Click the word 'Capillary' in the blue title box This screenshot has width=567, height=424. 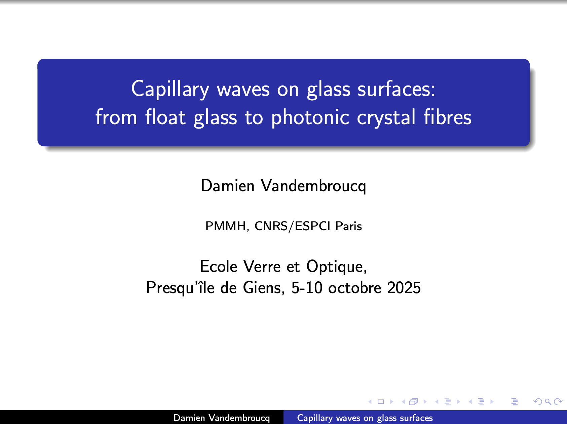(x=170, y=90)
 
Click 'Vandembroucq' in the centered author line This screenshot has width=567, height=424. (x=313, y=186)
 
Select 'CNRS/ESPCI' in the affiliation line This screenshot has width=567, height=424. (x=292, y=226)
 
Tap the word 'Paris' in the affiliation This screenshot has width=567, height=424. (x=349, y=226)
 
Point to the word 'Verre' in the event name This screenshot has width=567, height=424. (x=262, y=267)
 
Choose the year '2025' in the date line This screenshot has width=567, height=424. (x=404, y=288)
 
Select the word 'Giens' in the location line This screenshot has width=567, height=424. (x=264, y=288)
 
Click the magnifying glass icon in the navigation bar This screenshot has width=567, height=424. (x=548, y=401)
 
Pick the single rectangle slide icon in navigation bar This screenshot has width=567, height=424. (x=381, y=401)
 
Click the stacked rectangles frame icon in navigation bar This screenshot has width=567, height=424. (x=414, y=401)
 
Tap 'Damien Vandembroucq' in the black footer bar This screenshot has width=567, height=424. (x=222, y=418)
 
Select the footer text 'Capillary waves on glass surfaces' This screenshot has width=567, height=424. (x=365, y=418)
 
